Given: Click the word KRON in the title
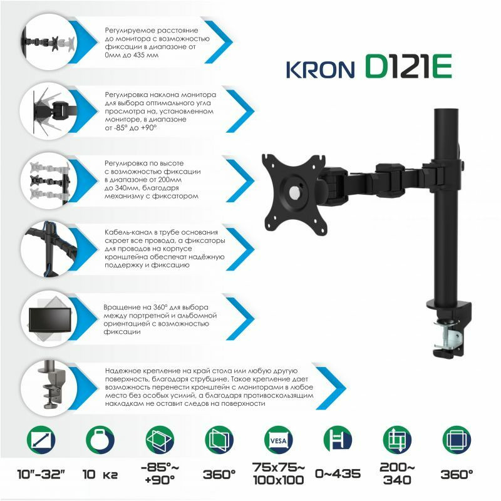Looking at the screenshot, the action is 320,70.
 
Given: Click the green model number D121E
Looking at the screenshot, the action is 408,66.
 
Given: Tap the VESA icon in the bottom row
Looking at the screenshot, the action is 278,440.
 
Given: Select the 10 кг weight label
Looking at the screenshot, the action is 100,475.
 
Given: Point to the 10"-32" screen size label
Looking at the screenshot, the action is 41,475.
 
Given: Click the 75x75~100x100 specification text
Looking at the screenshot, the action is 278,474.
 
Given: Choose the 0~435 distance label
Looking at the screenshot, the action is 338,474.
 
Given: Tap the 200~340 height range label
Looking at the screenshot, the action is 397,474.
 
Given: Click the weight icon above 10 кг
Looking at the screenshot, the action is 100,440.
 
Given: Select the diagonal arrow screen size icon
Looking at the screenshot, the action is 41,440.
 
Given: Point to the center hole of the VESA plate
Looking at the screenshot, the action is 294,192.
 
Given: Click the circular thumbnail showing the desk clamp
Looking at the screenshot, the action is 49,387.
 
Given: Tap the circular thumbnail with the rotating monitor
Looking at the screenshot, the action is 49,318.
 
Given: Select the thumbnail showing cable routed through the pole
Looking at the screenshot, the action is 49,249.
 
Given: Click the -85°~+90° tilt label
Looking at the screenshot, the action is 160,474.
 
